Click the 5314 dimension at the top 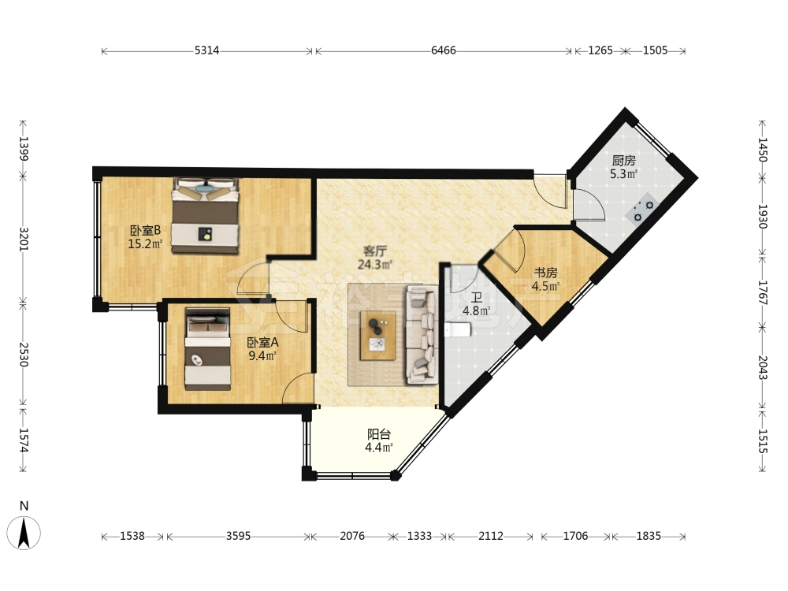pyautogui.click(x=206, y=50)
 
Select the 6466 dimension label pyautogui.click(x=443, y=50)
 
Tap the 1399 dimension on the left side pyautogui.click(x=24, y=148)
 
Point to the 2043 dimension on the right pyautogui.click(x=762, y=367)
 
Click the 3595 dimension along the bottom pyautogui.click(x=238, y=536)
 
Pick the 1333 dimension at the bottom pyautogui.click(x=419, y=536)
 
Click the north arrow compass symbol pyautogui.click(x=24, y=533)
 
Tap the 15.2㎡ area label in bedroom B pyautogui.click(x=145, y=245)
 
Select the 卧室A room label pyautogui.click(x=262, y=343)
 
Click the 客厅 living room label pyautogui.click(x=374, y=251)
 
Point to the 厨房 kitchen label pyautogui.click(x=623, y=161)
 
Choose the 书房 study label pyautogui.click(x=545, y=273)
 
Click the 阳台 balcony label pyautogui.click(x=379, y=433)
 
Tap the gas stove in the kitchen pyautogui.click(x=642, y=208)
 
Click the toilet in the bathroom pyautogui.click(x=457, y=330)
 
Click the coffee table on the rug pyautogui.click(x=378, y=336)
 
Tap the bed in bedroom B pyautogui.click(x=205, y=215)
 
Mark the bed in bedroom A pyautogui.click(x=207, y=349)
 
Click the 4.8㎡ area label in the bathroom pyautogui.click(x=476, y=311)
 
